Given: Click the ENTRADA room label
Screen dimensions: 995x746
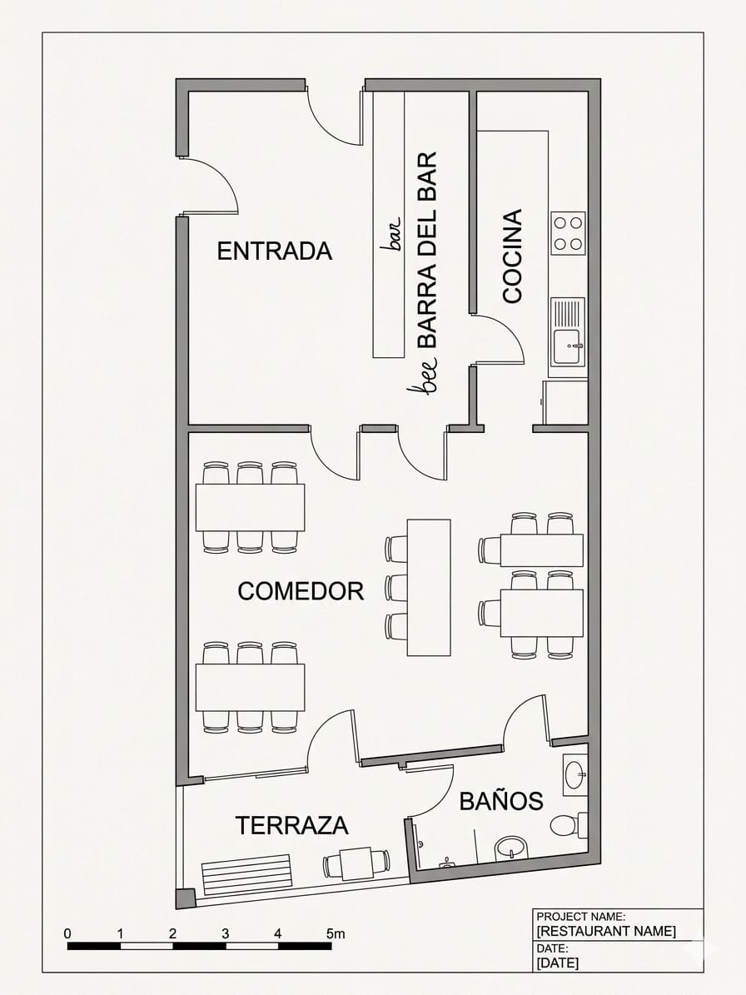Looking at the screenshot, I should [274, 251].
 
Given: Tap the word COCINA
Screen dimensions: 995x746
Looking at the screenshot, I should [512, 256].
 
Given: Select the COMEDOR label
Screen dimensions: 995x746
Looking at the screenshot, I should [301, 591].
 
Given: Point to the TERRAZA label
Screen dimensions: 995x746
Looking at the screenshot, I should [291, 825].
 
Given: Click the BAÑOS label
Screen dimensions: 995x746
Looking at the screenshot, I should [501, 801].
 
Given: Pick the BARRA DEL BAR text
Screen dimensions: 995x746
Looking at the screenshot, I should [426, 250].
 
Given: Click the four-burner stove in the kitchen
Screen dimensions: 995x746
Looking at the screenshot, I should [568, 233].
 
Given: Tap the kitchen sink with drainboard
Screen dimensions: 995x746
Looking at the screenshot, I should [568, 332].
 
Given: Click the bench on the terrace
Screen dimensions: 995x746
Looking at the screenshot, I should [246, 875].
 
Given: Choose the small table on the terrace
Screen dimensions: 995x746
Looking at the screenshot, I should [356, 863].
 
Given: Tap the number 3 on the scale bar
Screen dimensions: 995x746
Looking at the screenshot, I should [225, 933].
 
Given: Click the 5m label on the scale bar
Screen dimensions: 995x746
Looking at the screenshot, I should [335, 933].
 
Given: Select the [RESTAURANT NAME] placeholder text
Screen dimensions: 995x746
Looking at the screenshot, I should [606, 931].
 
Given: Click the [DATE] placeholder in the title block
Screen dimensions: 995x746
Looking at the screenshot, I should [557, 963].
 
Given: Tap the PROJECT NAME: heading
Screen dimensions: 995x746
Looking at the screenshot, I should [580, 917].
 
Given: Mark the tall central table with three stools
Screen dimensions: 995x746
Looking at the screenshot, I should [428, 587].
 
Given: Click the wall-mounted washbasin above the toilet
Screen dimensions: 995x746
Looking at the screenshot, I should [574, 774].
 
